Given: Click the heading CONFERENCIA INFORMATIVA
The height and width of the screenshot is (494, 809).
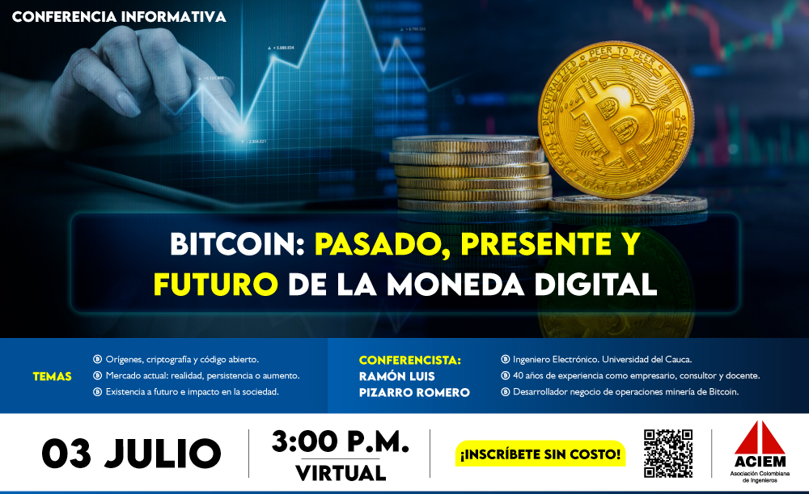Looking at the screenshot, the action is [x=119, y=16].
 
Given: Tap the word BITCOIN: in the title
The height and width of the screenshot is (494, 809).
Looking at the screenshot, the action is [x=238, y=244].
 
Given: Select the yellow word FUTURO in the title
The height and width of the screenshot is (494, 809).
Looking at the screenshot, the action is [x=216, y=284].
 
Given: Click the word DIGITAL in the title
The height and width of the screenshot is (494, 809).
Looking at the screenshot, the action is [x=596, y=284].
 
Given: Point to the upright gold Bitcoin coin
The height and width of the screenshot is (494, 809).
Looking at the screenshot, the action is [x=616, y=120].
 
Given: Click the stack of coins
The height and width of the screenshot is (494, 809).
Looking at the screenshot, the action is [x=471, y=173].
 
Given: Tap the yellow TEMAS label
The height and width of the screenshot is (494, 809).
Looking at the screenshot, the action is [x=52, y=377].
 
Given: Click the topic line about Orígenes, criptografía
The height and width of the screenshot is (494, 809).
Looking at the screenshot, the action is [x=182, y=360].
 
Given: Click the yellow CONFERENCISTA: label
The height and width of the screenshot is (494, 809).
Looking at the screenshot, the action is [x=410, y=360].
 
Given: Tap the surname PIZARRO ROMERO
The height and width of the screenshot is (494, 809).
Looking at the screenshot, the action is [x=414, y=392].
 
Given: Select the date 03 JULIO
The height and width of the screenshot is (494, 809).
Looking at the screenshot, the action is [x=132, y=454].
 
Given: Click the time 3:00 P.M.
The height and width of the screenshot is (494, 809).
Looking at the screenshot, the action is [x=340, y=442].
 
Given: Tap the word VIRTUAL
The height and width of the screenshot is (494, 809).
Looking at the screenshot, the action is [x=341, y=473].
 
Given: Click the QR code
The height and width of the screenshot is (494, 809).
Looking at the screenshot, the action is [x=668, y=454].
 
